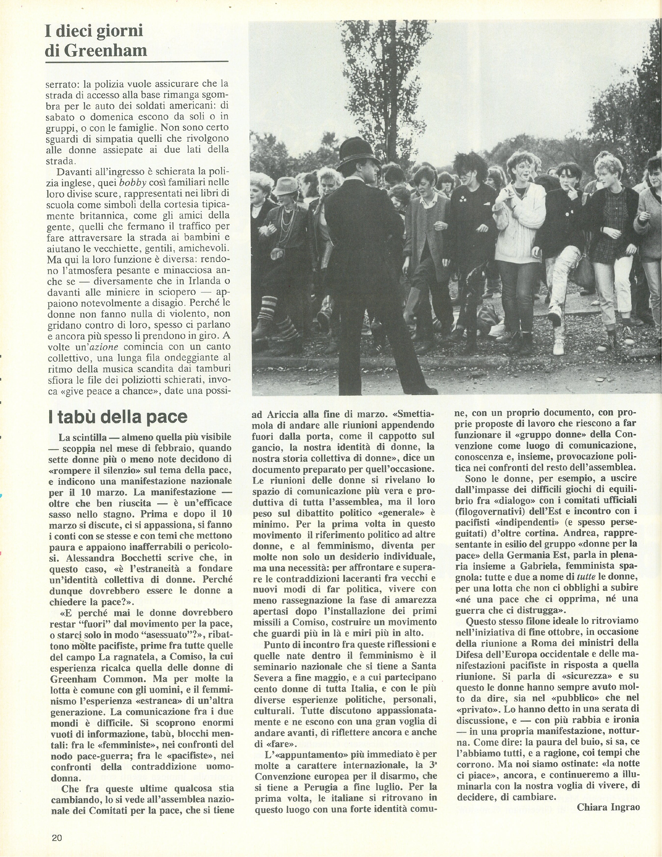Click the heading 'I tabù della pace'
coord(118,417)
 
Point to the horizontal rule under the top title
coord(136,62)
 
